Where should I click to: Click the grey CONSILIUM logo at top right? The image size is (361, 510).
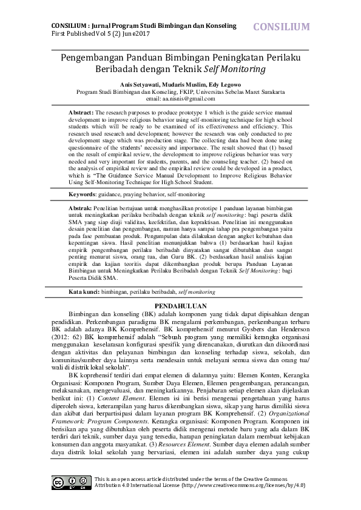281,27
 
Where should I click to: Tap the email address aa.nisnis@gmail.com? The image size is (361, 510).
180,98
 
